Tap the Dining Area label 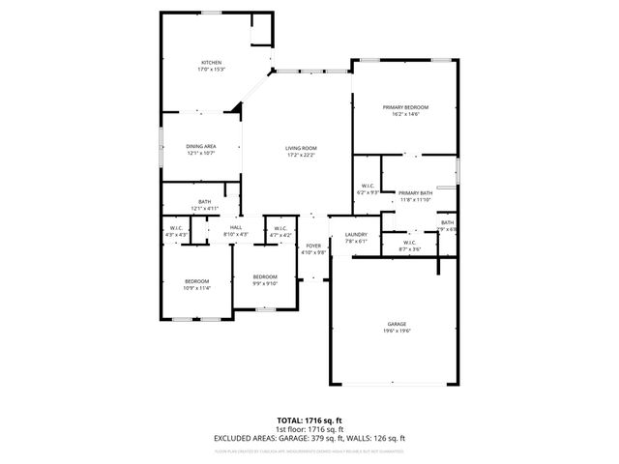coord(200,146)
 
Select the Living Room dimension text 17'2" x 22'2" coord(300,155)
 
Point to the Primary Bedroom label coord(405,106)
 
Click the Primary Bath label coord(415,192)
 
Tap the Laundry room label coord(355,234)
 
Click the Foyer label coord(313,246)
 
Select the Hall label coord(235,226)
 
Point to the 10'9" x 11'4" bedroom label coord(196,281)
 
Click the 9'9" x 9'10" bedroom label coord(265,276)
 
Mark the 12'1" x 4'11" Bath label coord(205,201)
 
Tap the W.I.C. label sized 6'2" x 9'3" coord(368,186)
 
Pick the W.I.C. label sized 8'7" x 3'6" coord(409,243)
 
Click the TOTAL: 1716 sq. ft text coord(309,420)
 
